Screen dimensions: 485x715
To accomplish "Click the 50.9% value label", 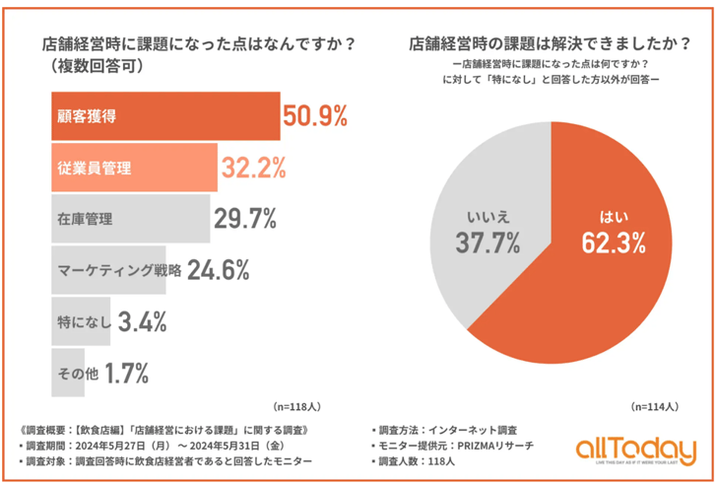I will tap(315, 116).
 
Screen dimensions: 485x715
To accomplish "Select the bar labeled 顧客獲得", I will tap(162, 116).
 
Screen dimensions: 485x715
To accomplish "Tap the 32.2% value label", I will tap(253, 168).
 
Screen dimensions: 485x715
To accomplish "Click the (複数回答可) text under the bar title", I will tap(95, 67).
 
